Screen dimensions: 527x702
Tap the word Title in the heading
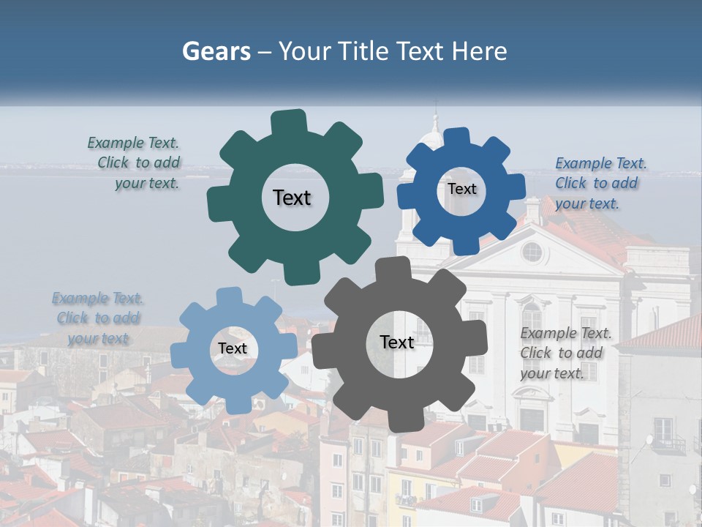pyautogui.click(x=363, y=51)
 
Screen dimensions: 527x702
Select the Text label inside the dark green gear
pyautogui.click(x=292, y=198)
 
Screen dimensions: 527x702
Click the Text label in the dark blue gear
pyautogui.click(x=461, y=189)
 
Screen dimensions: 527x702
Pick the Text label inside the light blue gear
pyautogui.click(x=233, y=348)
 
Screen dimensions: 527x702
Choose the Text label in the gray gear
pyautogui.click(x=397, y=342)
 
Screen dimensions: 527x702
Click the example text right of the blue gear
pyautogui.click(x=599, y=183)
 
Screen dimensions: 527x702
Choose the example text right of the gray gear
pyautogui.click(x=565, y=353)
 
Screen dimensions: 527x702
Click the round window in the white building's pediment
pyautogui.click(x=532, y=252)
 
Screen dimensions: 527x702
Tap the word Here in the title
pyautogui.click(x=480, y=51)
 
